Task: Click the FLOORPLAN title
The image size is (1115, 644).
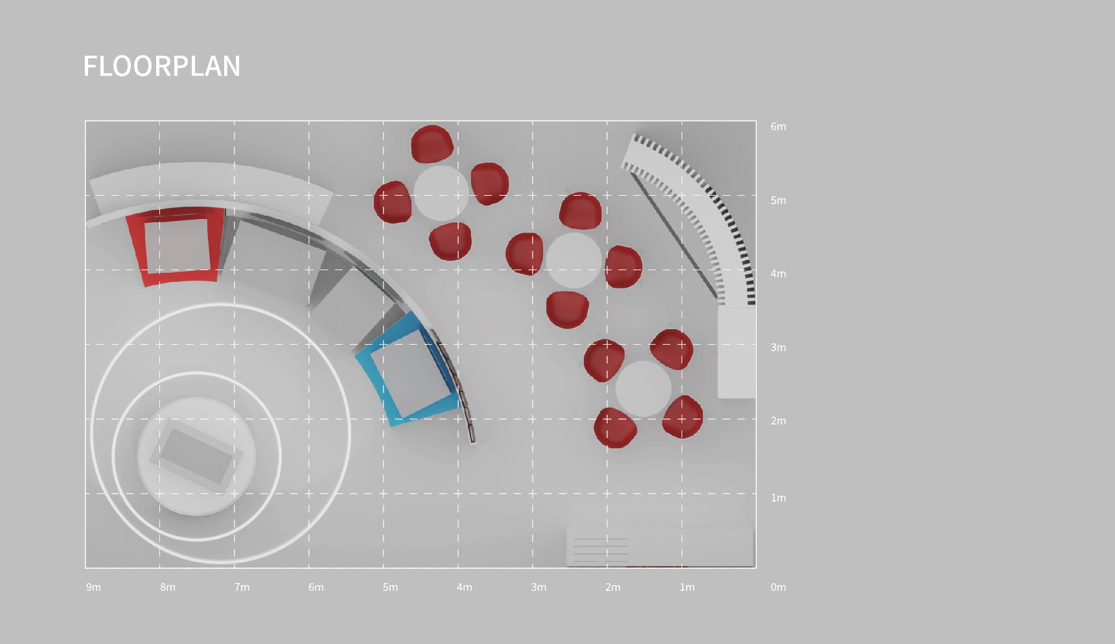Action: click(x=162, y=66)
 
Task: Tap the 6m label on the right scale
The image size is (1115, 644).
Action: click(x=778, y=127)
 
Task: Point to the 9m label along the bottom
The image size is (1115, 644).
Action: click(x=93, y=587)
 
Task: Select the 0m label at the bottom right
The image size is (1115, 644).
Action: click(x=778, y=587)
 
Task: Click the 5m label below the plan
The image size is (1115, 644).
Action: click(x=390, y=587)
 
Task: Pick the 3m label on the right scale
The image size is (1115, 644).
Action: click(x=778, y=348)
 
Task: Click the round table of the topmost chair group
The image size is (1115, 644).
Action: click(x=441, y=193)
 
